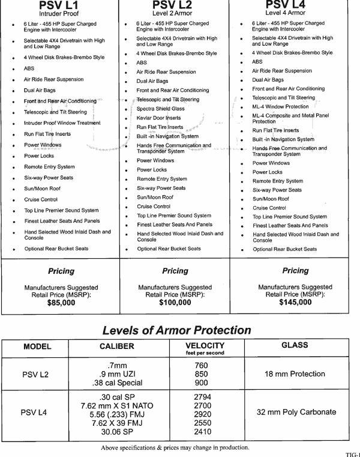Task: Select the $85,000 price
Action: (61, 303)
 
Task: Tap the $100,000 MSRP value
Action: (175, 303)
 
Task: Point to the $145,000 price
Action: (295, 303)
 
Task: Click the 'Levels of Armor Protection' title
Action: (176, 330)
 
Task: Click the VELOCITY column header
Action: (205, 346)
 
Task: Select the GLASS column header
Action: (294, 345)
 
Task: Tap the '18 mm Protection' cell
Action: (295, 374)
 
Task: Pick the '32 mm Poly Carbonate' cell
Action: (296, 413)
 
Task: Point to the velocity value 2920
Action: (202, 414)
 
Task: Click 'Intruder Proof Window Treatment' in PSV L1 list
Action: (62, 123)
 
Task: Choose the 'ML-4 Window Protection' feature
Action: (280, 106)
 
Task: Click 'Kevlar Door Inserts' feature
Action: (158, 118)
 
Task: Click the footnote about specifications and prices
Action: (175, 447)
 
